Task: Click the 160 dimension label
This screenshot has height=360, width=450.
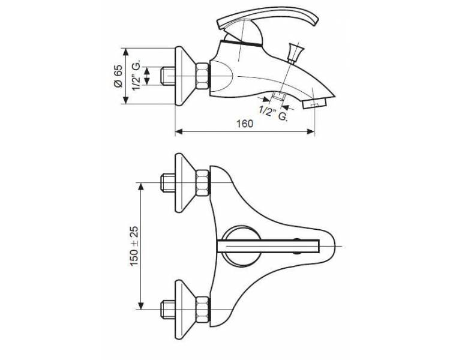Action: pyautogui.click(x=245, y=124)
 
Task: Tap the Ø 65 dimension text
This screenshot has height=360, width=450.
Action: pyautogui.click(x=118, y=76)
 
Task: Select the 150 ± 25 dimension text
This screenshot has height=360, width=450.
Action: pyautogui.click(x=134, y=247)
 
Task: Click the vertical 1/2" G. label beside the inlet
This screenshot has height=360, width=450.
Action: pyautogui.click(x=136, y=76)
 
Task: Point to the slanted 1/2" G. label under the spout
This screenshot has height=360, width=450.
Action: pyautogui.click(x=273, y=113)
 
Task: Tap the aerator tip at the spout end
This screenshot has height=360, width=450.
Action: pyautogui.click(x=315, y=103)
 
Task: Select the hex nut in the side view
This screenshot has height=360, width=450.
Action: pyautogui.click(x=202, y=76)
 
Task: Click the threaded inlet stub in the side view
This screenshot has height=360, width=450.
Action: pyautogui.click(x=167, y=76)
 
